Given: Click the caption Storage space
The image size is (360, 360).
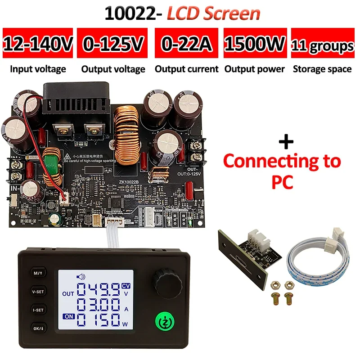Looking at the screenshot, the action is point(322,69).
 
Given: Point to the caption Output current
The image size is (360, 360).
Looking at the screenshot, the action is point(186,69).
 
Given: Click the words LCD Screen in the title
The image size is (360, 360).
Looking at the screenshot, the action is point(214,13).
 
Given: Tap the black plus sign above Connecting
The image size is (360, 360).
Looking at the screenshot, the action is point(286,142).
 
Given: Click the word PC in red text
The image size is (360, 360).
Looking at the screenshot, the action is point(282,183).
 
